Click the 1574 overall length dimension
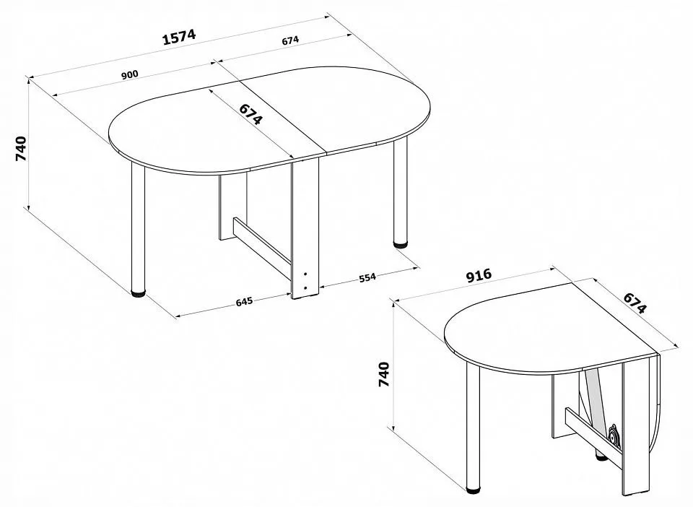pyautogui.click(x=179, y=37)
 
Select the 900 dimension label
pyautogui.click(x=129, y=74)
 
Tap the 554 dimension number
pyautogui.click(x=367, y=277)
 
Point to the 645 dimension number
pyautogui.click(x=244, y=301)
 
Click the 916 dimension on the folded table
pyautogui.click(x=479, y=275)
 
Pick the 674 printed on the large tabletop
pyautogui.click(x=251, y=115)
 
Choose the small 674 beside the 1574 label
pyautogui.click(x=290, y=40)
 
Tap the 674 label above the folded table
pyautogui.click(x=635, y=303)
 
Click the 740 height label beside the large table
pyautogui.click(x=21, y=149)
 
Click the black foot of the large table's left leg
pyautogui.click(x=139, y=292)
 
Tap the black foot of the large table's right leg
pyautogui.click(x=401, y=243)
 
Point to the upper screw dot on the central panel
pyautogui.click(x=305, y=274)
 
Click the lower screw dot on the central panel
pyautogui.click(x=305, y=287)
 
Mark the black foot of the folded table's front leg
pyautogui.click(x=474, y=490)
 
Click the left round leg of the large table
pyautogui.click(x=138, y=227)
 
